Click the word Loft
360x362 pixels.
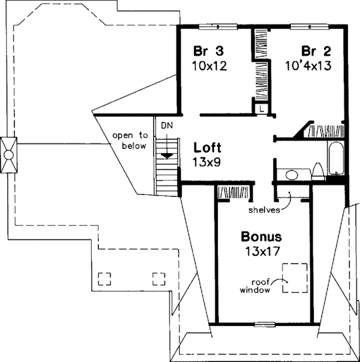(207, 146)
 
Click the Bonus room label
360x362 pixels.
(262, 235)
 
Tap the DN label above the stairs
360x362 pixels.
(166, 127)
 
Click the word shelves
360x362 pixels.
(266, 210)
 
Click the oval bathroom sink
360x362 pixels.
(292, 175)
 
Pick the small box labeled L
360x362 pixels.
(262, 108)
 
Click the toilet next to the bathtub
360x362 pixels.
(318, 173)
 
